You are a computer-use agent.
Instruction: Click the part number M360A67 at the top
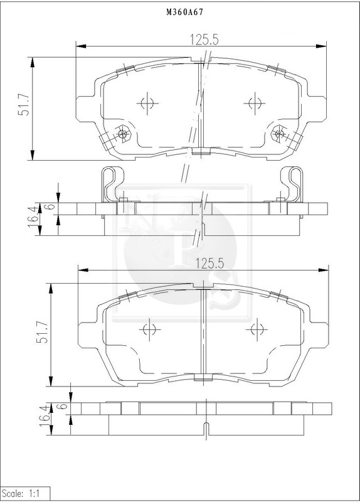[x=184, y=12]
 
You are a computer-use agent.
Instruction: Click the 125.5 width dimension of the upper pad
[x=204, y=40]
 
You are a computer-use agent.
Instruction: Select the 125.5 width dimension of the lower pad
[x=209, y=264]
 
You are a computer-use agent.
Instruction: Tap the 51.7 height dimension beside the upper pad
[x=24, y=105]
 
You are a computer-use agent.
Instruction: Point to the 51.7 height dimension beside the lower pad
[x=42, y=332]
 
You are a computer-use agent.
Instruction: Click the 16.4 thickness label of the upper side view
[x=33, y=217]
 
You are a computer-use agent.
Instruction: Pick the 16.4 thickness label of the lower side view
[x=45, y=415]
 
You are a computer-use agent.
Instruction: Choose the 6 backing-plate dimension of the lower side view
[x=63, y=406]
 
